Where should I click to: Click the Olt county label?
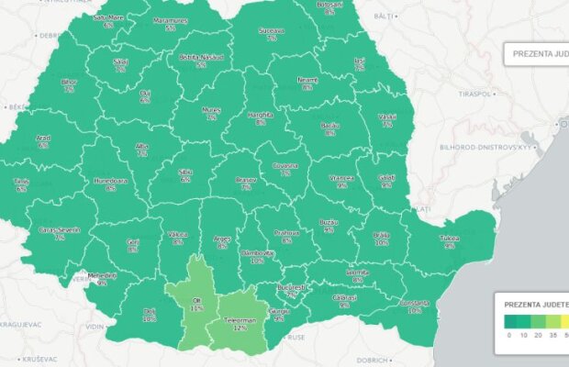pos(196,299)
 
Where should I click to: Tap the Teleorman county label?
pos(240,320)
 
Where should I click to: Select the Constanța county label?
pos(415,303)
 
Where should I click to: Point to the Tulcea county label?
pos(450,238)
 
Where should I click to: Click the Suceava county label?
pos(272,30)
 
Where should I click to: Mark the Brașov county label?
pos(246,181)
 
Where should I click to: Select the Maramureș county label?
pos(171,20)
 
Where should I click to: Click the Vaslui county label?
pos(387,116)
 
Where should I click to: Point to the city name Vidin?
pos(95,327)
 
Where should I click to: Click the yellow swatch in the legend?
pos(564,322)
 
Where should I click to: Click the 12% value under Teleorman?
pos(240,328)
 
